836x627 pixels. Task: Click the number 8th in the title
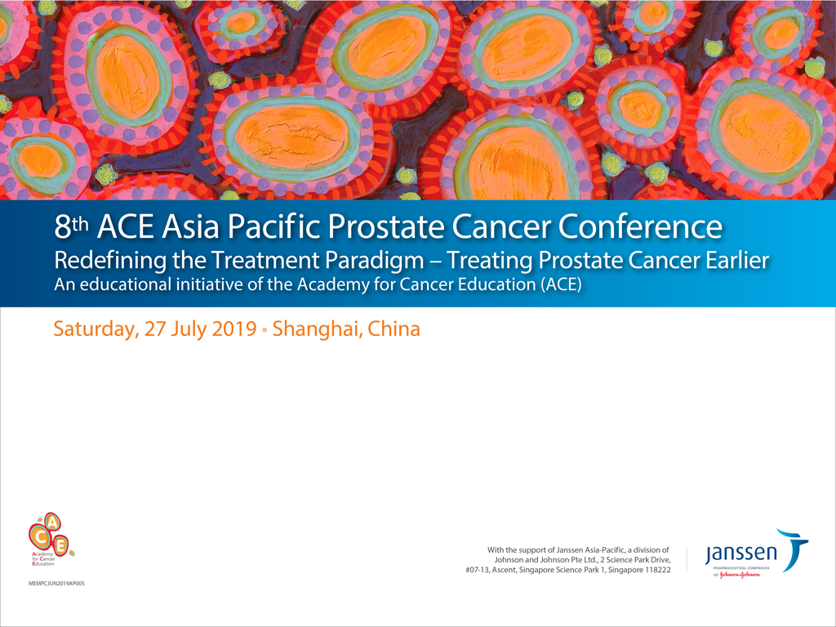click(72, 227)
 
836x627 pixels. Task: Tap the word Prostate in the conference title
click(385, 227)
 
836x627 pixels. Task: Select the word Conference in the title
click(640, 227)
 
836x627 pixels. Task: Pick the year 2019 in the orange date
click(234, 329)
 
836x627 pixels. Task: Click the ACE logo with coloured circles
click(51, 539)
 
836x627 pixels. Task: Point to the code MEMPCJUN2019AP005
click(56, 584)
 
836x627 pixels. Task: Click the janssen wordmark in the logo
click(741, 554)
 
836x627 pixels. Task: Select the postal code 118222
click(658, 570)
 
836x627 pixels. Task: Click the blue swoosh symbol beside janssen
click(795, 548)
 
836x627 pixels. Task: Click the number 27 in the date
click(155, 329)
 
